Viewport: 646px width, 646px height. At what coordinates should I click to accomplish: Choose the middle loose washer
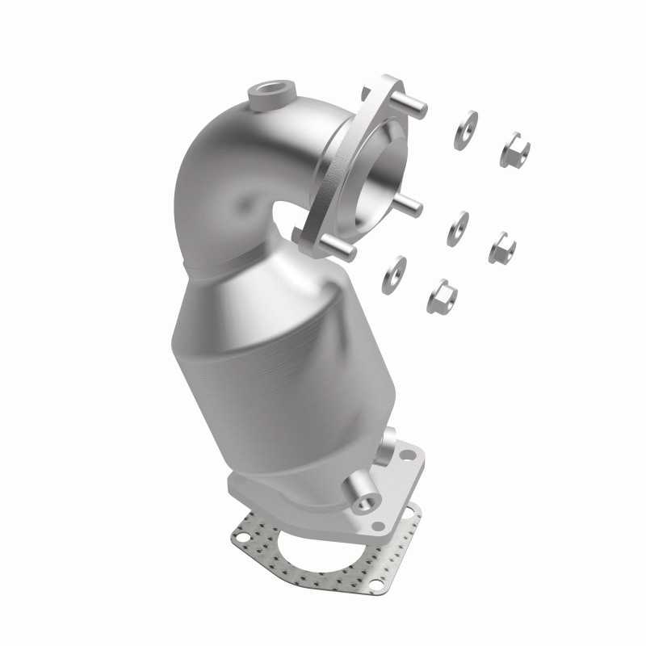[458, 229]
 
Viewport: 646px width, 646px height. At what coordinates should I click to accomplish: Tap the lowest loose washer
[397, 271]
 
